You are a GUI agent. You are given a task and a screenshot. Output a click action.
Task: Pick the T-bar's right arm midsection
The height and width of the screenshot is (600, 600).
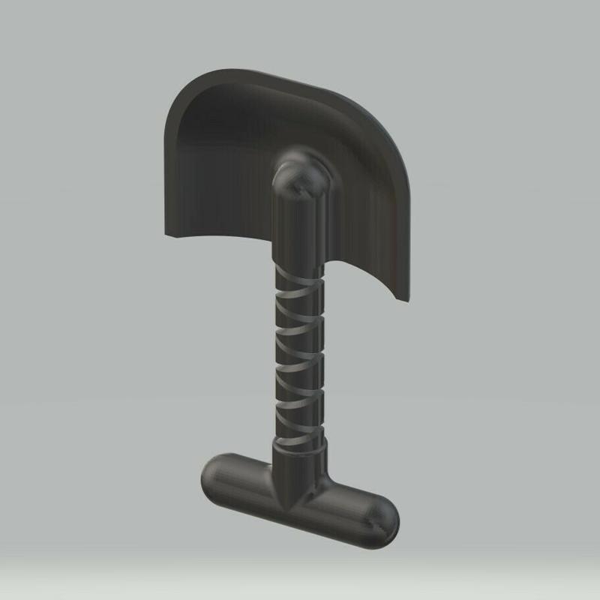[x=352, y=506]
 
